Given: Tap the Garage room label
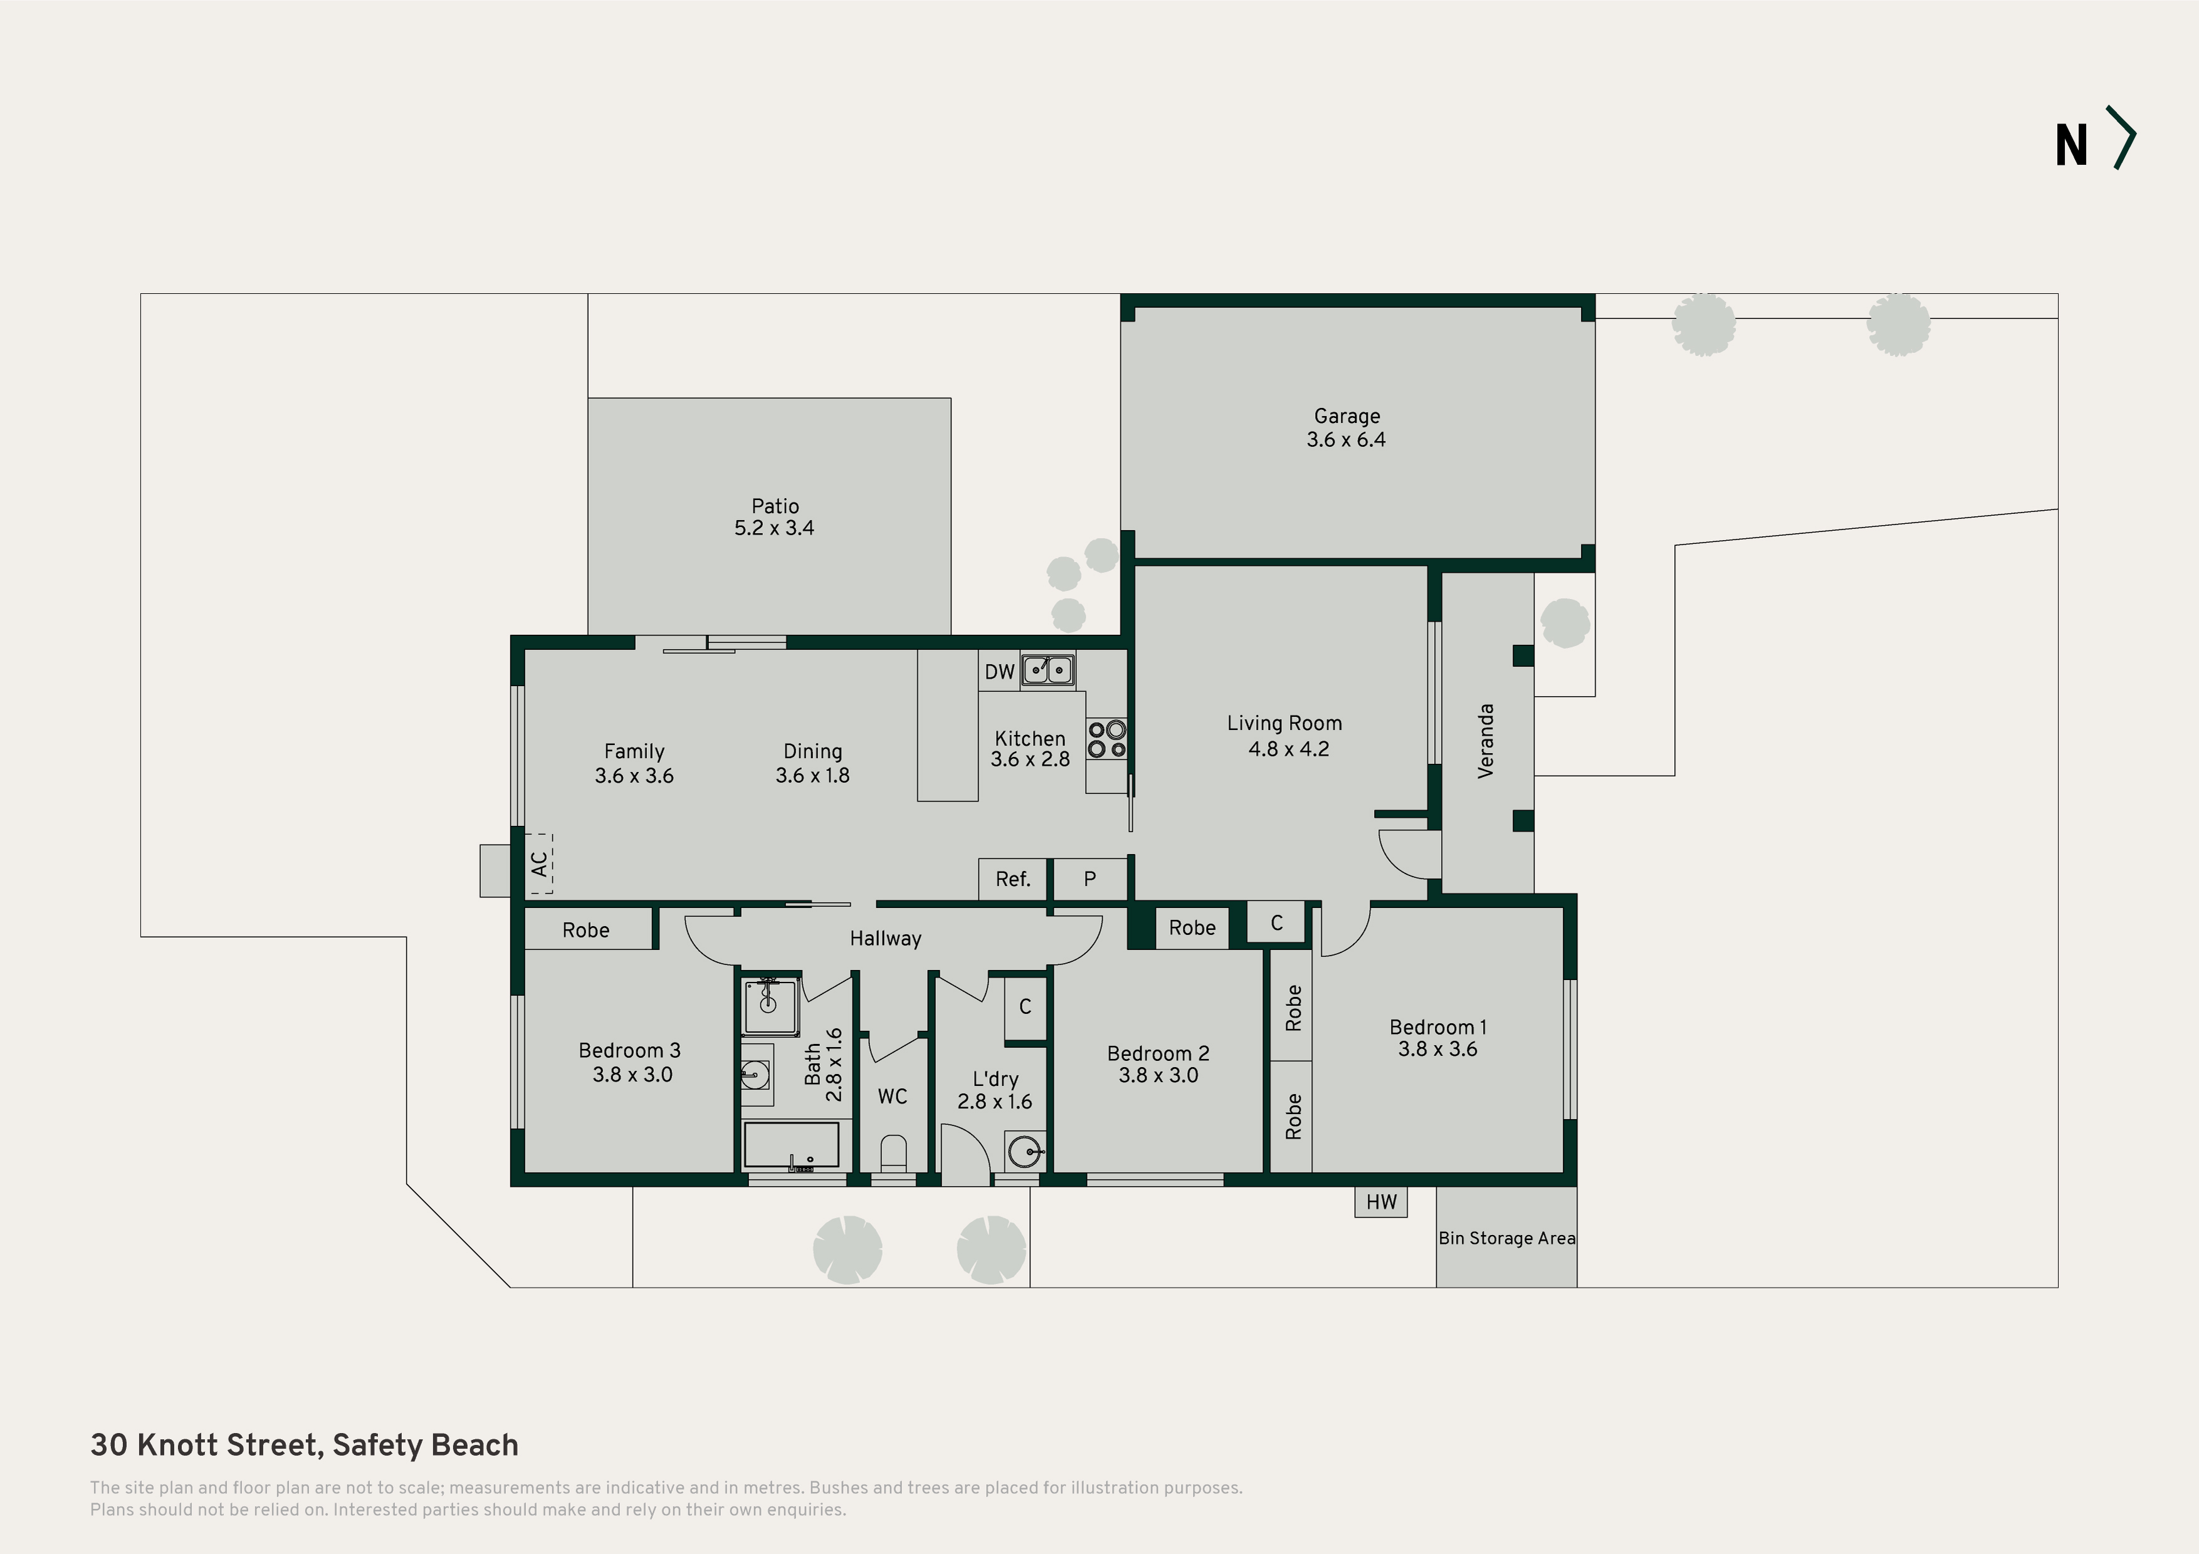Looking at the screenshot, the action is click(x=1346, y=417).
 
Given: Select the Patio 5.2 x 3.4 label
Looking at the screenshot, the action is click(x=774, y=517).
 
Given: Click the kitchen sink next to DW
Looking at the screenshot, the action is click(x=1047, y=669).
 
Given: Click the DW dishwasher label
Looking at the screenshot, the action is click(x=999, y=672).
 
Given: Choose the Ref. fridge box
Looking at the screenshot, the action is click(x=1012, y=879).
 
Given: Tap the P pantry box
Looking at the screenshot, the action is click(x=1090, y=879).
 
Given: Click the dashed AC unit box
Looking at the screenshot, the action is click(x=541, y=863).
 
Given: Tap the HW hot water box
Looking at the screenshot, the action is click(x=1381, y=1202).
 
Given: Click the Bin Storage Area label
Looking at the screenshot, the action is click(x=1506, y=1238).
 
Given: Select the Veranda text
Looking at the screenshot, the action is click(x=1486, y=741).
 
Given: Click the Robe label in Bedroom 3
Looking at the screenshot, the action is click(x=586, y=931).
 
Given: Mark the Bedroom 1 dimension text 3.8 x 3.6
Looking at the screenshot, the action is click(x=1437, y=1050).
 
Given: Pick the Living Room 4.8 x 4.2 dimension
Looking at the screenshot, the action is click(x=1288, y=749).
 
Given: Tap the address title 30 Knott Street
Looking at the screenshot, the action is click(x=204, y=1445).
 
